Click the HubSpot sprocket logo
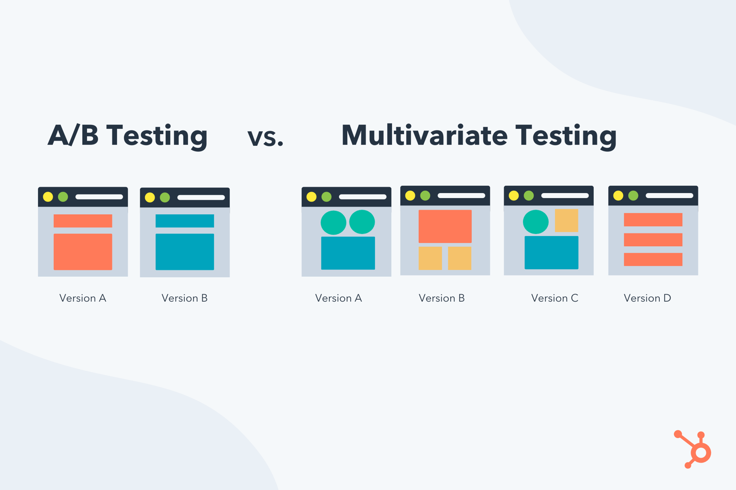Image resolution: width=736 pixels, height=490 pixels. pos(694,450)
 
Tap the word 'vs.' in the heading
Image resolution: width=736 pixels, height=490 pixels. pos(266,137)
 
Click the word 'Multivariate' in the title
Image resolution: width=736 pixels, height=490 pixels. pos(424,135)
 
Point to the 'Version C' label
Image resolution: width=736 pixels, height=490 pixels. pos(554,298)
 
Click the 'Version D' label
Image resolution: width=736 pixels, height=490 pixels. pos(647,298)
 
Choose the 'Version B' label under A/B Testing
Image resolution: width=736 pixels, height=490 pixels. pos(184,298)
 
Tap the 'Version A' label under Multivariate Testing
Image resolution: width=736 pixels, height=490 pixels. pos(338,298)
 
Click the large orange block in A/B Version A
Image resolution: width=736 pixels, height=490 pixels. pos(83,252)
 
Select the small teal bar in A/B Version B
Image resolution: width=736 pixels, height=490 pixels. pos(184,221)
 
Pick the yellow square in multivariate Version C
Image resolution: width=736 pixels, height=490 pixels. pos(566,221)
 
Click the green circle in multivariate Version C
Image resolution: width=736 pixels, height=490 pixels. pos(535,222)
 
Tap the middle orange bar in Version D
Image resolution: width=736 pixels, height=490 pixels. pos(653,240)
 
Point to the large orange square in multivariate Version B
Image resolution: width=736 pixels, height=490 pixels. pos(445,227)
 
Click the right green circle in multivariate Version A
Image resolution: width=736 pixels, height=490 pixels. pos(362,222)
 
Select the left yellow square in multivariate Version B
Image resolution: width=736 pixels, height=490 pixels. pos(430,258)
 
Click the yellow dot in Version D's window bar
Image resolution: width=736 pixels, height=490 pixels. pos(618,196)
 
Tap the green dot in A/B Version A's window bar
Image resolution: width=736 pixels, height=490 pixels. pos(63,197)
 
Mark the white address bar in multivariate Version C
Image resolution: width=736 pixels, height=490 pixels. pos(565,196)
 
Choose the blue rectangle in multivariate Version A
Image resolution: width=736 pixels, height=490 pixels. pos(348,253)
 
